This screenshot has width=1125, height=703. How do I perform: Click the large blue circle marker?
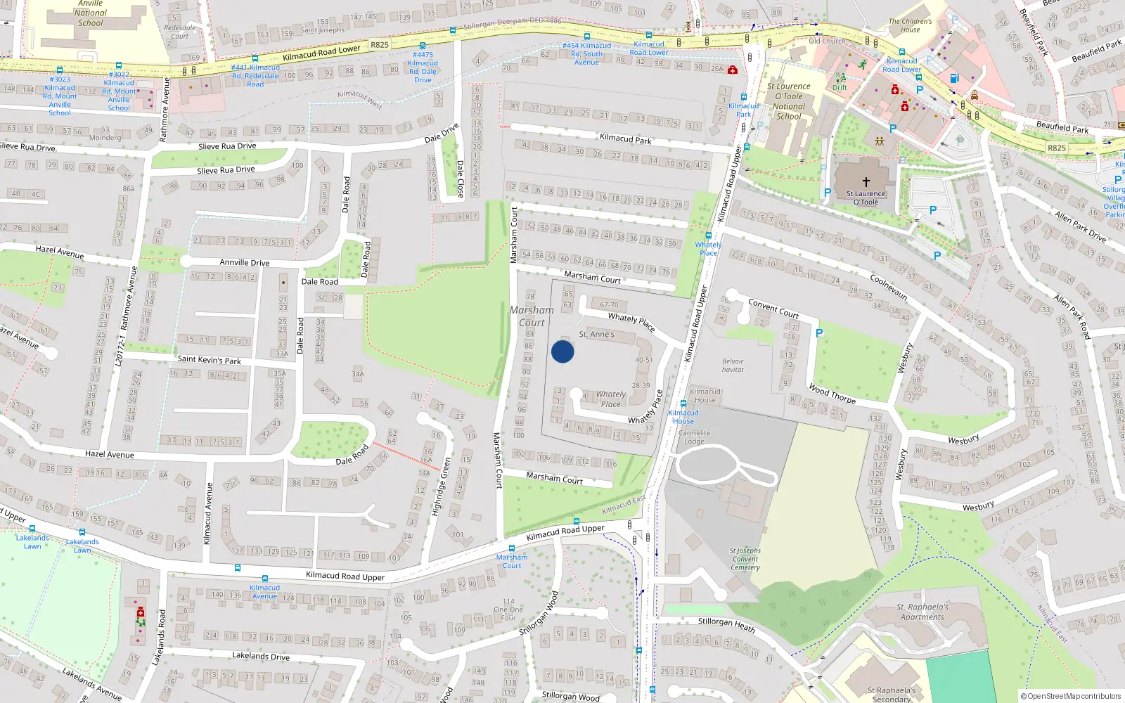pyautogui.click(x=562, y=351)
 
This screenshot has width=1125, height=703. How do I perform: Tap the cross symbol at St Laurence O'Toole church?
pyautogui.click(x=866, y=181)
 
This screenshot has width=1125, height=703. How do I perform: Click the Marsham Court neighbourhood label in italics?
pyautogui.click(x=532, y=316)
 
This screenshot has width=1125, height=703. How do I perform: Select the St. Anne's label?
pyautogui.click(x=596, y=335)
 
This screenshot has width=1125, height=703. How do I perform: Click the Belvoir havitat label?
pyautogui.click(x=733, y=366)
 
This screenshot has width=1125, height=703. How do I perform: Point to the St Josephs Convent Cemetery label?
pyautogui.click(x=745, y=559)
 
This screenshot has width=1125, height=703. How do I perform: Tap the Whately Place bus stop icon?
pyautogui.click(x=708, y=236)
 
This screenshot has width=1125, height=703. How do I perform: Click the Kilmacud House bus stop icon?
pyautogui.click(x=683, y=404)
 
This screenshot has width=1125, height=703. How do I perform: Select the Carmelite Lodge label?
pyautogui.click(x=694, y=437)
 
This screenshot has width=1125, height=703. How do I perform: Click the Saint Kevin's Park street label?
pyautogui.click(x=209, y=360)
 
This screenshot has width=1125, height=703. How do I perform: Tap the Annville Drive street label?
pyautogui.click(x=244, y=262)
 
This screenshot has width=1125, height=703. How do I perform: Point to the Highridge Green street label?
pyautogui.click(x=441, y=487)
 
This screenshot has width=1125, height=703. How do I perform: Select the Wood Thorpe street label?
pyautogui.click(x=832, y=394)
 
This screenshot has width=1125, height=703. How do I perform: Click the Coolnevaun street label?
pyautogui.click(x=889, y=288)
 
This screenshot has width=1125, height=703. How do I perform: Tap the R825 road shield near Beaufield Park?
pyautogui.click(x=1056, y=148)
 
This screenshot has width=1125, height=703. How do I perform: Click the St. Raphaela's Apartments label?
pyautogui.click(x=922, y=612)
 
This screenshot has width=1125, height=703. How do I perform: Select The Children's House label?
pyautogui.click(x=910, y=25)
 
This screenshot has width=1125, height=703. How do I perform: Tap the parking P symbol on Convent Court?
pyautogui.click(x=819, y=333)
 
